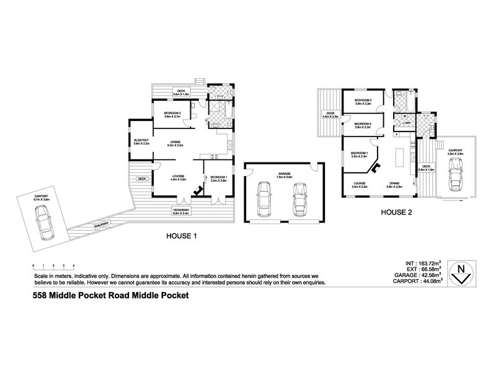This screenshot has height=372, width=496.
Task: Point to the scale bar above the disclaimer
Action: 53,265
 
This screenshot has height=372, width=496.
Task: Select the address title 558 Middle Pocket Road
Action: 110,296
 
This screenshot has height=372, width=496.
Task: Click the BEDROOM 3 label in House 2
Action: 363,100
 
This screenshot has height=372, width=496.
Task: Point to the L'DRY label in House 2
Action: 407,123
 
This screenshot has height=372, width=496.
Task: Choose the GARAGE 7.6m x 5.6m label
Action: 285,174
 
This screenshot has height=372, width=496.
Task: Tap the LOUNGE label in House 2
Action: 359,183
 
